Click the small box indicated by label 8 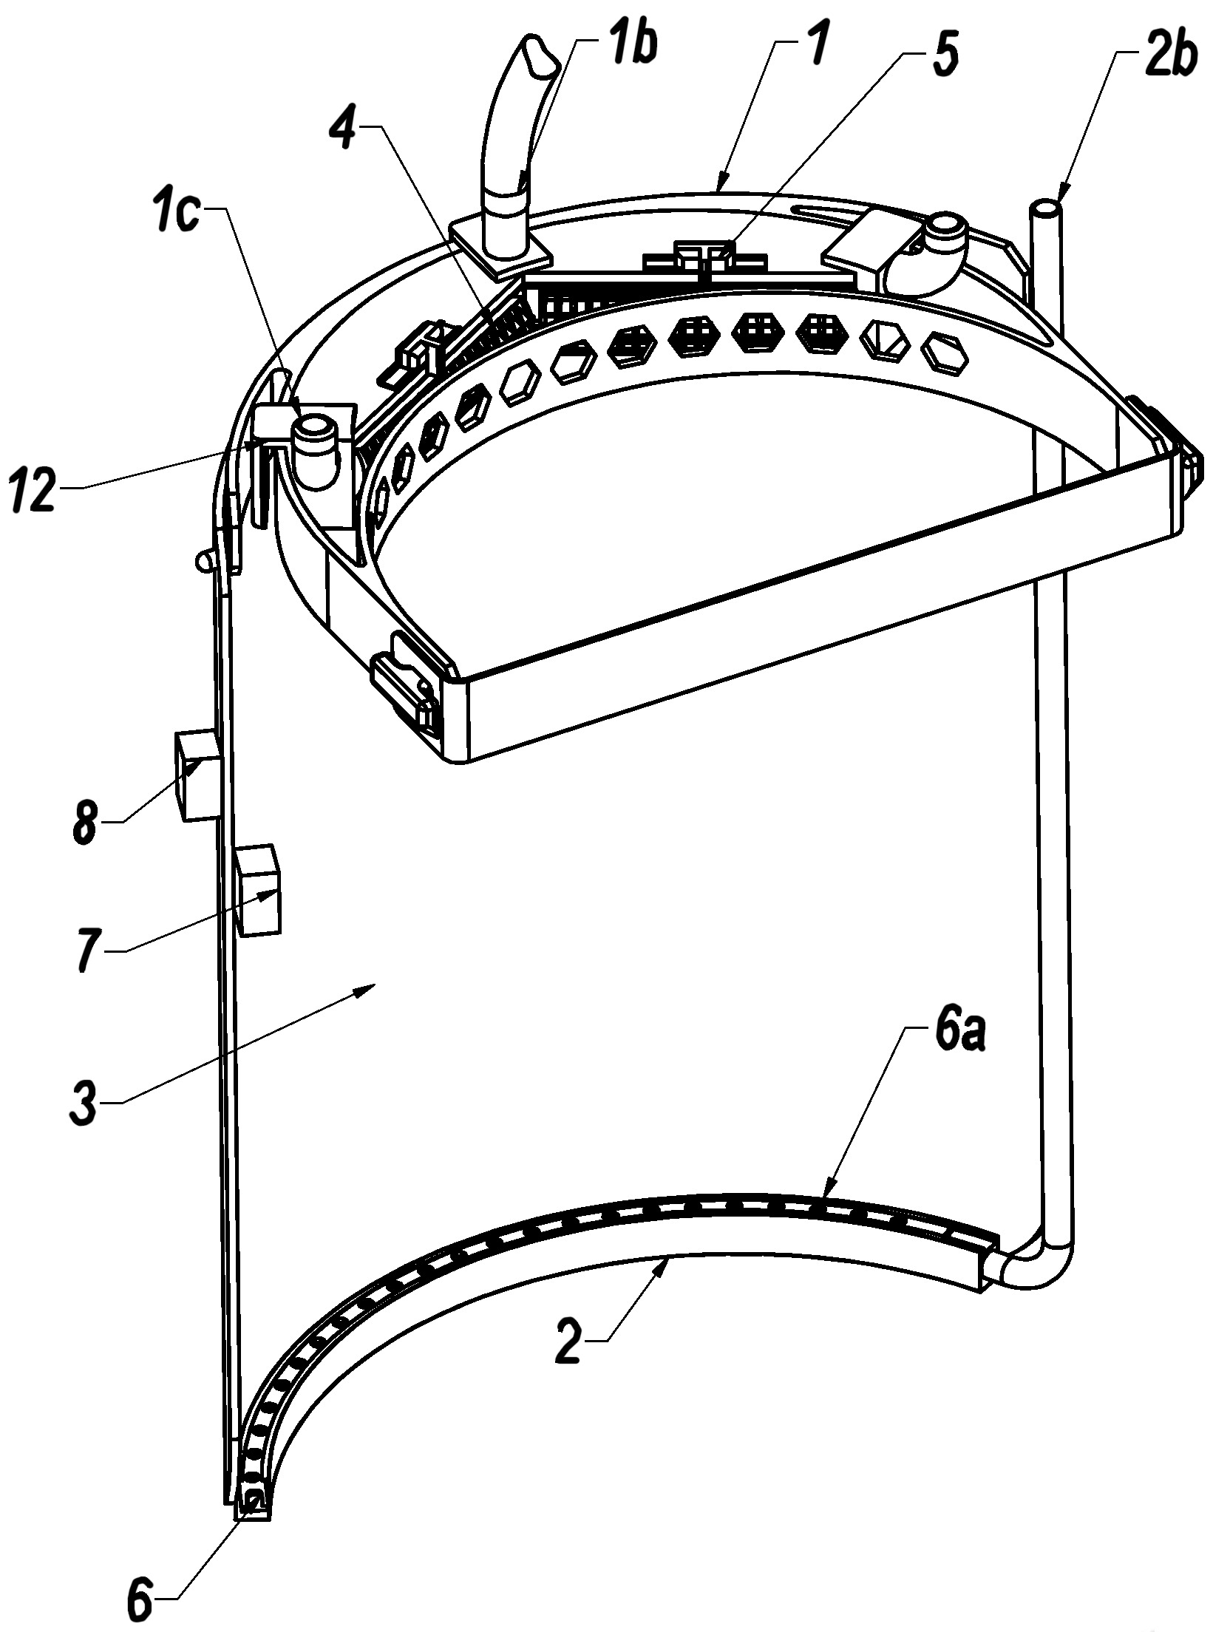point(197,775)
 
